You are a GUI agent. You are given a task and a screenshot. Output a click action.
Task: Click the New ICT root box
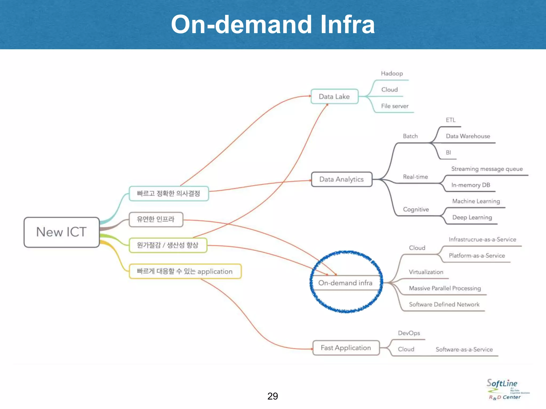point(62,232)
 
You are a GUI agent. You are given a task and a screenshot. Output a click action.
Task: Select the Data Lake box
point(334,96)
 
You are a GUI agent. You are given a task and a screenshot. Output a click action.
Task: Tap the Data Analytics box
point(342,179)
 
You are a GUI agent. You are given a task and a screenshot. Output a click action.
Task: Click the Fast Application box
point(346,348)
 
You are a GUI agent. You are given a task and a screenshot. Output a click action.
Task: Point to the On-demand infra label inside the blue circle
point(345,283)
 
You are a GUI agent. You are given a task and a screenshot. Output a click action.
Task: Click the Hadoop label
point(392,73)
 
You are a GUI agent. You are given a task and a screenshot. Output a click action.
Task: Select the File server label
point(395,106)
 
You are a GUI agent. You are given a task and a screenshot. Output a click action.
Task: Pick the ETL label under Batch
point(451,120)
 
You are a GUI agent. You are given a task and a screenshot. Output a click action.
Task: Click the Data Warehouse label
point(468,136)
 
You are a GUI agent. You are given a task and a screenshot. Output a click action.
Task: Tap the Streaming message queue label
point(487,169)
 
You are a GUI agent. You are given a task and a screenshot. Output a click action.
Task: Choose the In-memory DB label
point(471,185)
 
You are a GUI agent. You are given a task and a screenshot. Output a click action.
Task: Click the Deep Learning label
point(472,218)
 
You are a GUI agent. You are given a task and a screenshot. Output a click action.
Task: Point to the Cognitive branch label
point(416,210)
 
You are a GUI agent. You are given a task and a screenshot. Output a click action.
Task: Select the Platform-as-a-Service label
point(477,256)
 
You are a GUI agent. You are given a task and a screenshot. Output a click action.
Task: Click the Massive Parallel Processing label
point(445,288)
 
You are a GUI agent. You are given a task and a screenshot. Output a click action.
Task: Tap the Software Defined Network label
point(444,305)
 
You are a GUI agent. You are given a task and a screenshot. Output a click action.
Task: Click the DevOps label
point(409,333)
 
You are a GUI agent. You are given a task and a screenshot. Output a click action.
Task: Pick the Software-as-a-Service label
point(464,350)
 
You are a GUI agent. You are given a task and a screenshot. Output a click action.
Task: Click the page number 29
point(272,396)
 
